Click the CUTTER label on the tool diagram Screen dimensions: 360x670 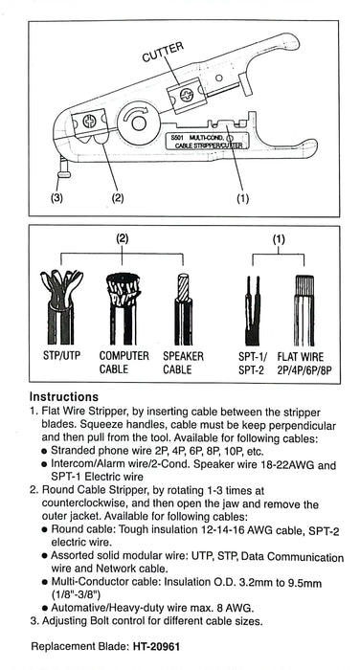coord(163,52)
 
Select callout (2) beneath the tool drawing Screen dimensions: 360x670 coord(118,199)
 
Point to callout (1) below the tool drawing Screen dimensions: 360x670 coord(242,199)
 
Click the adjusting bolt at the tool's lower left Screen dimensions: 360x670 coord(64,167)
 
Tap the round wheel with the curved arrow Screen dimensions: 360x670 coord(138,123)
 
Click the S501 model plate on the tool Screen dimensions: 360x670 coord(207,141)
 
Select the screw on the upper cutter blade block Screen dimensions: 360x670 coord(187,94)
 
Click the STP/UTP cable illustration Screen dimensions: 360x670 coord(61,306)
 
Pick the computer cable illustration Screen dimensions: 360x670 coord(124,308)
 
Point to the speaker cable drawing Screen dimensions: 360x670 coord(183,308)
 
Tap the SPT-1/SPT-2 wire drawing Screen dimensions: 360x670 coord(253,310)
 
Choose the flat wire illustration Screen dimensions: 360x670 coord(304,310)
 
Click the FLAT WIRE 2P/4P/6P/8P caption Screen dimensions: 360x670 coord(304,363)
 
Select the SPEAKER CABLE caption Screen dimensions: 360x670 coord(183,363)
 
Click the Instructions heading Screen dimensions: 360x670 coord(64,397)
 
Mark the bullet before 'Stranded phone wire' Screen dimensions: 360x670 coord(44,452)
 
